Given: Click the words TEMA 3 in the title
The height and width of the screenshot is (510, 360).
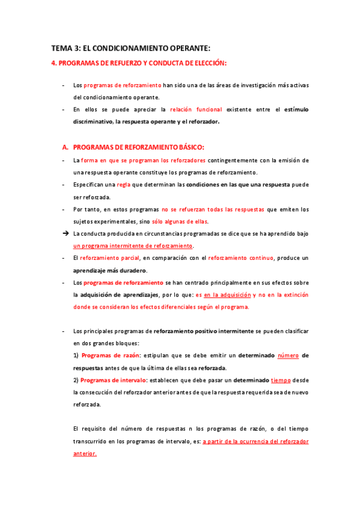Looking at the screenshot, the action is point(63,48).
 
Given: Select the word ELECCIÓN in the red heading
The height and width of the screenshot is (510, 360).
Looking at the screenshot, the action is point(207,63).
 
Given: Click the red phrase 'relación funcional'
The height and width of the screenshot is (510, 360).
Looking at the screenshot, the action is point(196,109).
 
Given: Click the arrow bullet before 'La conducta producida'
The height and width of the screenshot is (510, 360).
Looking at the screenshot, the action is point(65,233).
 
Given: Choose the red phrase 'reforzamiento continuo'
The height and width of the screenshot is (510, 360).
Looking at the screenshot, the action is point(240,258).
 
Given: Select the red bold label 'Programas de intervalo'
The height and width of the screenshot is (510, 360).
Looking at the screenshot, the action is point(113,379).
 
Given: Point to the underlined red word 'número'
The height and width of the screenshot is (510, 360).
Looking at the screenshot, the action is point(288,355).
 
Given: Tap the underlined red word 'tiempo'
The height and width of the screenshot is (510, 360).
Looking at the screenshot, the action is point(282,379).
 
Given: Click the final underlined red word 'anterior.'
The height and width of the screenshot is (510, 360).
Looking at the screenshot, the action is point(85,453).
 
